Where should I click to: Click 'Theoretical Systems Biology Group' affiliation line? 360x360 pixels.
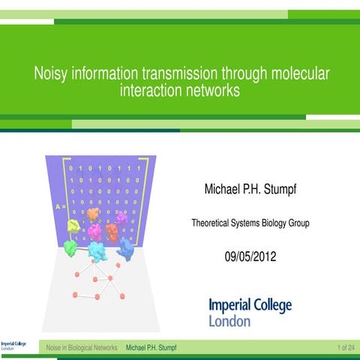pyautogui.click(x=250, y=223)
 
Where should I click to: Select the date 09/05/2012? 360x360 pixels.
pyautogui.click(x=250, y=256)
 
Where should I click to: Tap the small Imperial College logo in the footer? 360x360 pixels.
pyautogui.click(x=13, y=346)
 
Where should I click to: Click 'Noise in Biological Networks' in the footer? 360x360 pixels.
pyautogui.click(x=82, y=348)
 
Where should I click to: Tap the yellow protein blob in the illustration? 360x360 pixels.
pyautogui.click(x=73, y=225)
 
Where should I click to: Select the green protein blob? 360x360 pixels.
pyautogui.click(x=70, y=248)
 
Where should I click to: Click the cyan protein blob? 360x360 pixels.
pyautogui.click(x=97, y=252)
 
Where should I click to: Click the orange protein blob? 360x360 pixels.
pyautogui.click(x=93, y=214)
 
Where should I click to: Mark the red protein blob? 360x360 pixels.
pyautogui.click(x=112, y=232)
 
